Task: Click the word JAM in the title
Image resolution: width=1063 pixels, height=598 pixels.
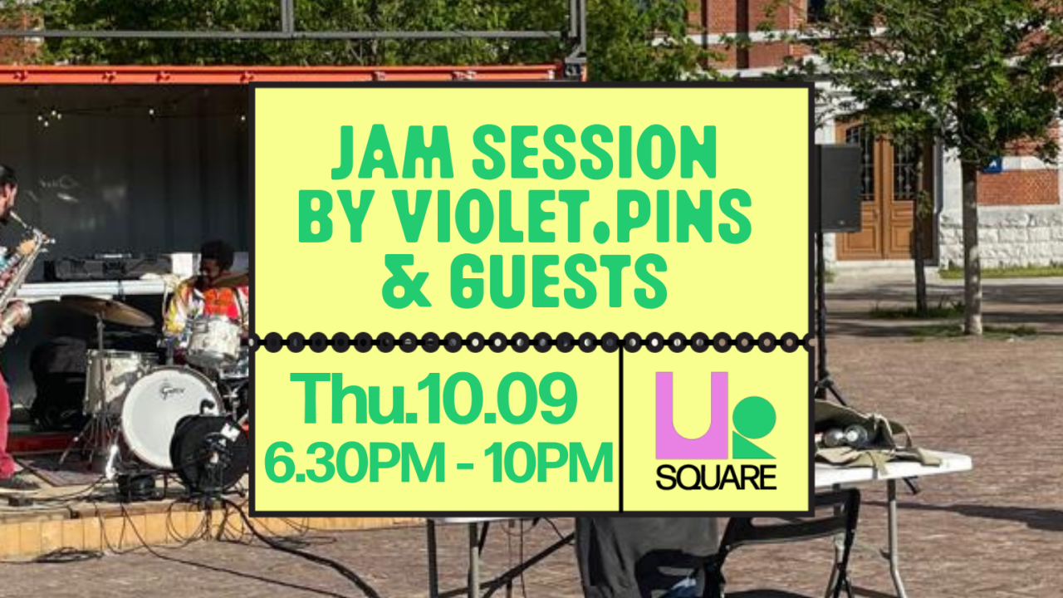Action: (394, 152)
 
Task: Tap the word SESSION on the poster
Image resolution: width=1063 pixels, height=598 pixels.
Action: (595, 152)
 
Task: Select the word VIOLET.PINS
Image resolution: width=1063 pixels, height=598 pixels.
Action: (573, 216)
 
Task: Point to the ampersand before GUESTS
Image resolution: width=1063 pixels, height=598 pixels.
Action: (407, 282)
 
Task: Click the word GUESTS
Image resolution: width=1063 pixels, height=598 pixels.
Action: (559, 282)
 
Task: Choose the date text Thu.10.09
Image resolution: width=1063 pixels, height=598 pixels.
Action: (434, 399)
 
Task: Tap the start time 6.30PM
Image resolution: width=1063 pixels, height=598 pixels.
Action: (355, 463)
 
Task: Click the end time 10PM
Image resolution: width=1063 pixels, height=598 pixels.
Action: (549, 463)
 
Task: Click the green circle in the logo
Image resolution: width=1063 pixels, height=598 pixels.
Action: (754, 418)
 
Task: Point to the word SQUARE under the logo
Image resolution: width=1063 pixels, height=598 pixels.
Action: (716, 477)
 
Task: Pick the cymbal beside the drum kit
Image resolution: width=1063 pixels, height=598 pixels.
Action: (108, 310)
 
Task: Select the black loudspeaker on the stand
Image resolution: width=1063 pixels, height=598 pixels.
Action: (839, 189)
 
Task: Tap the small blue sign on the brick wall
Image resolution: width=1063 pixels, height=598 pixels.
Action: (992, 164)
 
